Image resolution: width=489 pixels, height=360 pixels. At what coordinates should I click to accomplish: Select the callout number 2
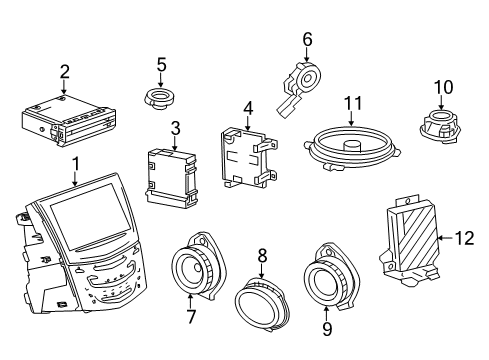pyautogui.click(x=63, y=71)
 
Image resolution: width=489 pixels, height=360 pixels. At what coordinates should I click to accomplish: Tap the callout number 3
pyautogui.click(x=174, y=127)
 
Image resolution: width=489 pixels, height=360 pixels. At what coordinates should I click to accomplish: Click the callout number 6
pyautogui.click(x=307, y=39)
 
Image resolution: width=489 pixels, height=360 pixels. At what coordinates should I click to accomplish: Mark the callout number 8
pyautogui.click(x=262, y=256)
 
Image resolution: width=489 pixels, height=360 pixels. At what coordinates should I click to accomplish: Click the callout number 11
pyautogui.click(x=352, y=104)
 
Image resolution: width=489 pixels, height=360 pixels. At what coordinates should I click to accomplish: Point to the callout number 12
pyautogui.click(x=462, y=237)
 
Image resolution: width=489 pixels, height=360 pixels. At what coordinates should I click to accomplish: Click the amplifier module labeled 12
pyautogui.click(x=411, y=241)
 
